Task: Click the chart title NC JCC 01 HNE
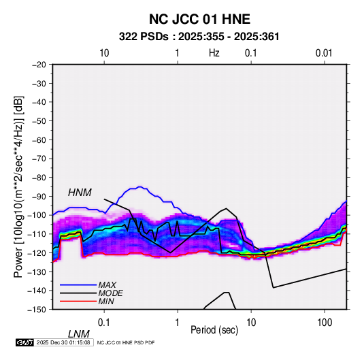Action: tap(199, 19)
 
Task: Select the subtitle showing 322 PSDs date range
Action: tap(199, 37)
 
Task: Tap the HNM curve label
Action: tap(80, 193)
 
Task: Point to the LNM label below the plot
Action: tap(79, 334)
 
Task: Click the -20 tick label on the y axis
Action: tap(39, 65)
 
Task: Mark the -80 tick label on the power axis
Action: tap(39, 178)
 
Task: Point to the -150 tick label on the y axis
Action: tap(37, 310)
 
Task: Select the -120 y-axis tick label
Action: tap(37, 253)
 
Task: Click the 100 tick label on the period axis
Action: tap(325, 323)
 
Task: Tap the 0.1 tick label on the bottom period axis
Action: tap(104, 323)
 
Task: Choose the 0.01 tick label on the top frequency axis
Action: tap(324, 53)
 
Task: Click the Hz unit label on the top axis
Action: tap(214, 53)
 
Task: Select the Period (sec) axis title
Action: tap(214, 330)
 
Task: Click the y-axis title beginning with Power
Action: tap(18, 187)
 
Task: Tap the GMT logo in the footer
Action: tap(24, 342)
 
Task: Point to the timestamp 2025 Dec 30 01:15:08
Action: tap(63, 342)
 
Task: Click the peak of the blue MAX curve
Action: tap(139, 186)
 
